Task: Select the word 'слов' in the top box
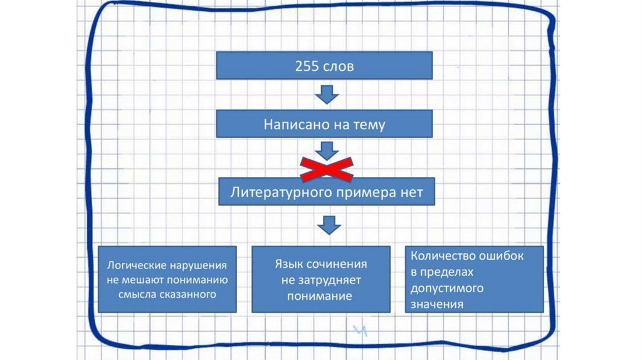[339, 66]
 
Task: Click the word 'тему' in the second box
[369, 124]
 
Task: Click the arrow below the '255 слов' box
[326, 94]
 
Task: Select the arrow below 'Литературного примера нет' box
[326, 224]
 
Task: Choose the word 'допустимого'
[447, 289]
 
